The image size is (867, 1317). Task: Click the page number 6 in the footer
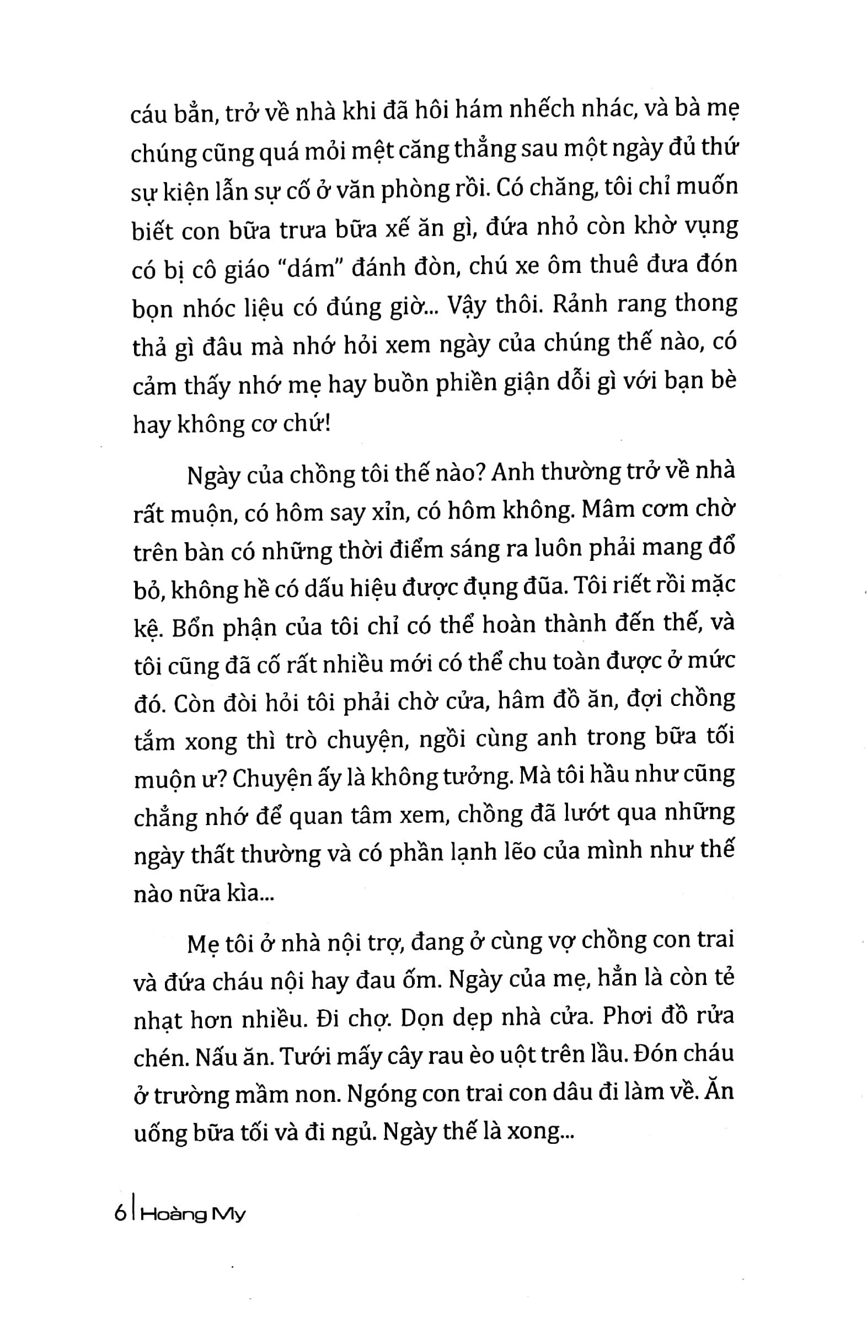[x=119, y=1214]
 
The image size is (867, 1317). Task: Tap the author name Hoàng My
[x=193, y=1215]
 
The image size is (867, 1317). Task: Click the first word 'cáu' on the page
[x=148, y=115]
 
